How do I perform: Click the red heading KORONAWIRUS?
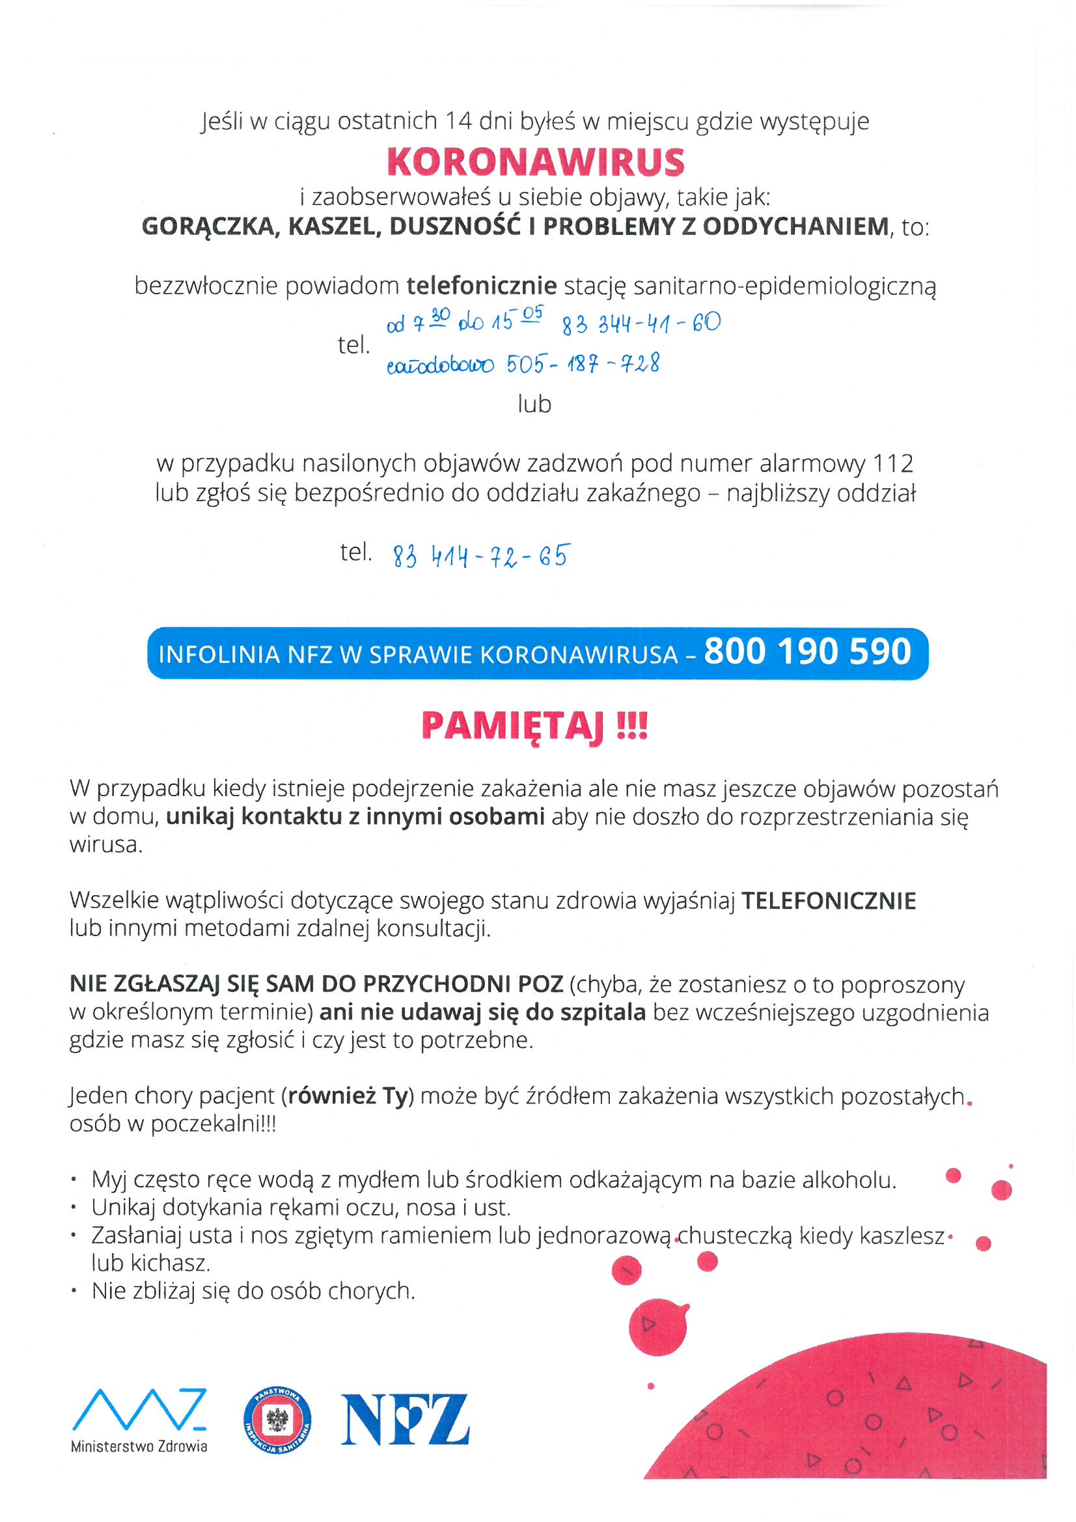click(x=535, y=162)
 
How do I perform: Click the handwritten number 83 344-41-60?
click(x=641, y=324)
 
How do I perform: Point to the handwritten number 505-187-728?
click(x=583, y=364)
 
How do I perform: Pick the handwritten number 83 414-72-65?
click(x=480, y=555)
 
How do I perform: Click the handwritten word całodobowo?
click(x=439, y=365)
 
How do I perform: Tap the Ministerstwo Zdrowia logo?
click(x=139, y=1420)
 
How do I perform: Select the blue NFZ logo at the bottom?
click(x=404, y=1419)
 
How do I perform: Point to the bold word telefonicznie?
click(x=481, y=286)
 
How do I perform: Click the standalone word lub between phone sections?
click(x=534, y=404)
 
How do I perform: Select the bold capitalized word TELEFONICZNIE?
click(x=828, y=901)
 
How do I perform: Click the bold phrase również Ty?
click(x=348, y=1096)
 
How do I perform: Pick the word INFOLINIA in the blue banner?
click(x=219, y=654)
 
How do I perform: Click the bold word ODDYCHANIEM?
click(x=795, y=227)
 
